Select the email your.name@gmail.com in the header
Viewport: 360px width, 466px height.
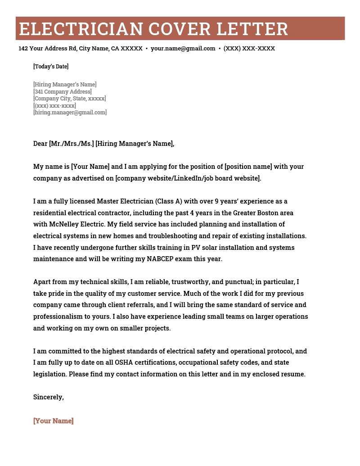183,49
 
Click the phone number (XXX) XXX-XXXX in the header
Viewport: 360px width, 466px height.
249,49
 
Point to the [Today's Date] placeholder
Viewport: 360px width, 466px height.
51,67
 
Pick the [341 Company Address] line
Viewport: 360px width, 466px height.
62,92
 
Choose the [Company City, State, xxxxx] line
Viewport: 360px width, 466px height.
70,99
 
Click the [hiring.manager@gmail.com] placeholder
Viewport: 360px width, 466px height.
70,113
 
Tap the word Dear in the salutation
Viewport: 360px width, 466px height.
40,144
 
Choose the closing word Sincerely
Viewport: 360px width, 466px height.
48,397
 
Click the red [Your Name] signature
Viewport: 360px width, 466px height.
53,421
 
